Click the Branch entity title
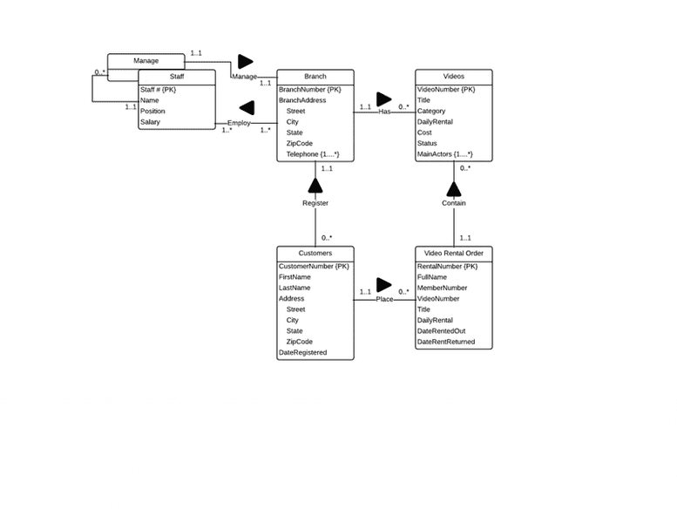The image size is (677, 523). coord(315,77)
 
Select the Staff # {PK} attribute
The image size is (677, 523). coord(158,90)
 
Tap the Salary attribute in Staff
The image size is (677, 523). coord(150,122)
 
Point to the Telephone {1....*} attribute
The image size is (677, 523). coord(312,154)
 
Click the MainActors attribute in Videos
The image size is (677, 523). coord(445,154)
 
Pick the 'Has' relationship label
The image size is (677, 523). coord(384,112)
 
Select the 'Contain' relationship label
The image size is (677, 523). coord(454,203)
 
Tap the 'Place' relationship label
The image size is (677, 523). coord(384,299)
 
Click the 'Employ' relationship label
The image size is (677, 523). coord(239,123)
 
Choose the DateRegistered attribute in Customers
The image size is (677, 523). coord(302,353)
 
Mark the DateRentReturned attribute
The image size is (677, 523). coord(446,342)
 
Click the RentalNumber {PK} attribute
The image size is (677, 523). coord(447,266)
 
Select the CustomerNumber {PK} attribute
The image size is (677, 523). coord(314,266)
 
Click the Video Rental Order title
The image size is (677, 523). coord(454,253)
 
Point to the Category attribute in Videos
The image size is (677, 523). coord(431,112)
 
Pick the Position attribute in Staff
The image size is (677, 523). coord(152,112)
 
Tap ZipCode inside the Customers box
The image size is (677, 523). coord(299,342)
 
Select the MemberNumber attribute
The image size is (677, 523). coord(442,288)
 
